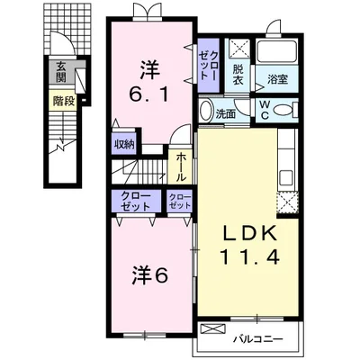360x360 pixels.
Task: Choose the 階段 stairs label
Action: [62, 101]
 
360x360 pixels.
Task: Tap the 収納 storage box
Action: [123, 145]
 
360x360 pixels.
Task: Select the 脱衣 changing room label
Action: [238, 73]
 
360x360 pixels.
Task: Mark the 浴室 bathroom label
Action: [276, 79]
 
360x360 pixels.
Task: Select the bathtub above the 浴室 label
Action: [278, 53]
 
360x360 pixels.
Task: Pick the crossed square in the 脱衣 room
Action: [238, 50]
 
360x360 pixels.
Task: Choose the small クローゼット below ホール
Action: [180, 201]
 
